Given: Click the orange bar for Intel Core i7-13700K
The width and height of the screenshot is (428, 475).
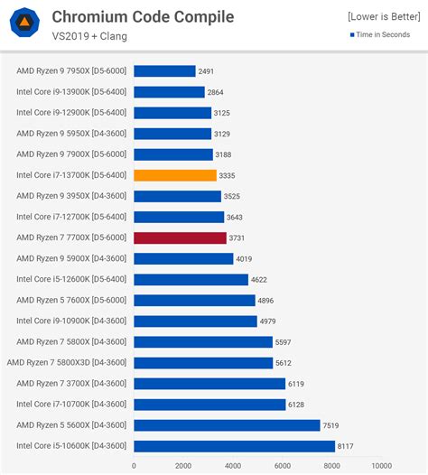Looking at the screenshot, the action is tap(175, 175).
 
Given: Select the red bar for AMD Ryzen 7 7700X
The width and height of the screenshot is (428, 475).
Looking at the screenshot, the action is tap(181, 237).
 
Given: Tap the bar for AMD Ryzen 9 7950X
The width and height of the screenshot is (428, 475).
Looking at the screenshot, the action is tap(164, 71).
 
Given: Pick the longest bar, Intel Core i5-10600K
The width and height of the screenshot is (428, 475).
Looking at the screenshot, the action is tap(235, 446).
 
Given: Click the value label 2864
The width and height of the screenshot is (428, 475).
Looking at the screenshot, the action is tap(216, 92).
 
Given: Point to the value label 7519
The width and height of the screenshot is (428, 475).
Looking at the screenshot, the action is tap(330, 425).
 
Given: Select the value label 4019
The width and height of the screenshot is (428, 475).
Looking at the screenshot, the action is tap(244, 258).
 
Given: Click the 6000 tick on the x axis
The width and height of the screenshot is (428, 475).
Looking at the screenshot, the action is tap(283, 466).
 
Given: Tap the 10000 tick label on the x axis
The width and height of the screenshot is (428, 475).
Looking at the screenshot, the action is tap(382, 466).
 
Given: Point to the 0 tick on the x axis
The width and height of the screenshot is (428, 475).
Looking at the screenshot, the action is tap(134, 466).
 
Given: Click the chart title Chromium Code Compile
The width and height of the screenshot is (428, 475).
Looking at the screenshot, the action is tap(143, 16).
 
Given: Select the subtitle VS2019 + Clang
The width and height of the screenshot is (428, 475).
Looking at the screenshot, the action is tap(89, 36).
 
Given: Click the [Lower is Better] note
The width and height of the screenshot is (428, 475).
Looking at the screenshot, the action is tap(384, 16).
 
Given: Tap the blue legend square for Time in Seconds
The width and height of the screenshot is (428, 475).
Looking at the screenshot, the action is tap(352, 35).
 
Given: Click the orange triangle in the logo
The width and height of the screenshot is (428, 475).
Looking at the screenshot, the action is tap(24, 22).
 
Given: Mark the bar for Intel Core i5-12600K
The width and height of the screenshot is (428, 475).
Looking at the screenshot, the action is tap(191, 280).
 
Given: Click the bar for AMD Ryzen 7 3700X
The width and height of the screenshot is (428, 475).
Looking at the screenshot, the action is tap(209, 384).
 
